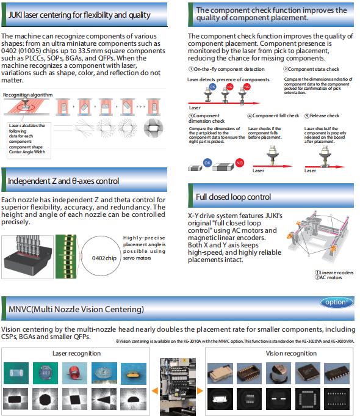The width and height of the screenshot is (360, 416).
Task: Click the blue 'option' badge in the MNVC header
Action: coord(336,302)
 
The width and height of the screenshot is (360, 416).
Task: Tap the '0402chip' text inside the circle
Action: coord(104,258)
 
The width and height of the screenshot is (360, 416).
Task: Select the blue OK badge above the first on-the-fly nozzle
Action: coord(212,87)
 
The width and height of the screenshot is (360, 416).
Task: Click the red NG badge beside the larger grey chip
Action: coord(239,162)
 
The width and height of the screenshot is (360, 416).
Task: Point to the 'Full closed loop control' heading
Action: coord(233,197)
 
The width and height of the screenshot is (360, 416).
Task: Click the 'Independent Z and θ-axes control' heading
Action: coord(63,181)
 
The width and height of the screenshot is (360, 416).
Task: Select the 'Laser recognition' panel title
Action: coord(77,354)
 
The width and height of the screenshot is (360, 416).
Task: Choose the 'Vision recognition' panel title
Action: coord(291,354)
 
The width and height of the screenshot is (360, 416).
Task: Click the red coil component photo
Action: coord(74,373)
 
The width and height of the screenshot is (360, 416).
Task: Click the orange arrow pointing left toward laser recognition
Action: coord(155,390)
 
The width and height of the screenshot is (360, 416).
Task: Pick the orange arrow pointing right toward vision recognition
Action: coord(200,390)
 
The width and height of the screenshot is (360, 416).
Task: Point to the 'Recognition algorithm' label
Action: coord(27,95)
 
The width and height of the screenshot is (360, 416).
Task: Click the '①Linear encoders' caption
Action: coord(334,272)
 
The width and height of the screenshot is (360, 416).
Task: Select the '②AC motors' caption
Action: coord(328,277)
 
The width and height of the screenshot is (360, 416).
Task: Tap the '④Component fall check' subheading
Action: coord(273,115)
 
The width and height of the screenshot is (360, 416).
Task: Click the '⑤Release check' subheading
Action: coord(322,115)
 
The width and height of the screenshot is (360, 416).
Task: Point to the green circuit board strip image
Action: coord(66,257)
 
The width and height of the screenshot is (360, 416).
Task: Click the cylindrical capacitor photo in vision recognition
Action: coord(278,373)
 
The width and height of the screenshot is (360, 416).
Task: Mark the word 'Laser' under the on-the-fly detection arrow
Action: coord(195,108)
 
